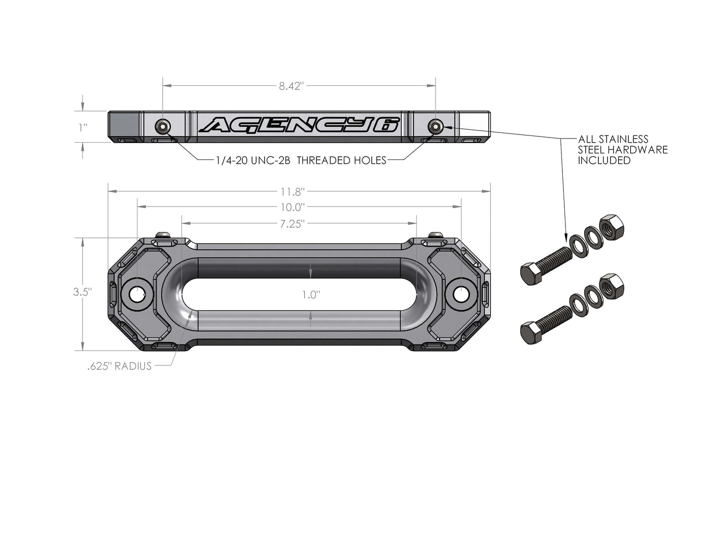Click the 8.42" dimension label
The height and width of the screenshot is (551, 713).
(x=291, y=86)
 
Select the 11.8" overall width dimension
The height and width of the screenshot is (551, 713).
(x=292, y=192)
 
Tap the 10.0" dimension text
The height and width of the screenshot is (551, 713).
(x=292, y=207)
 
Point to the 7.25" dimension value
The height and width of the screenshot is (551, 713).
(x=292, y=223)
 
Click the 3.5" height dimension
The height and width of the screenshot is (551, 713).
(x=82, y=292)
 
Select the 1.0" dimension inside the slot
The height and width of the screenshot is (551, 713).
(x=310, y=294)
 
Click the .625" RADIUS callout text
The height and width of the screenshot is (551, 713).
(x=120, y=366)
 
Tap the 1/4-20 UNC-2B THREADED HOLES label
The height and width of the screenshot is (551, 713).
(x=301, y=160)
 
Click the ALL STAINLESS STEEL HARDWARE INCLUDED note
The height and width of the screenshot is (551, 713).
(x=622, y=150)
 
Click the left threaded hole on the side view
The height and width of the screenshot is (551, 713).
(x=162, y=126)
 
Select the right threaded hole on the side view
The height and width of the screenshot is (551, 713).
(x=435, y=126)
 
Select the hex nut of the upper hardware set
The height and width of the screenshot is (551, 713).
(x=611, y=228)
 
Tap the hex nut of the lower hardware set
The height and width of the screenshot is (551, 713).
(x=611, y=286)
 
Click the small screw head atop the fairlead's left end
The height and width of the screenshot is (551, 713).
(x=163, y=234)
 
